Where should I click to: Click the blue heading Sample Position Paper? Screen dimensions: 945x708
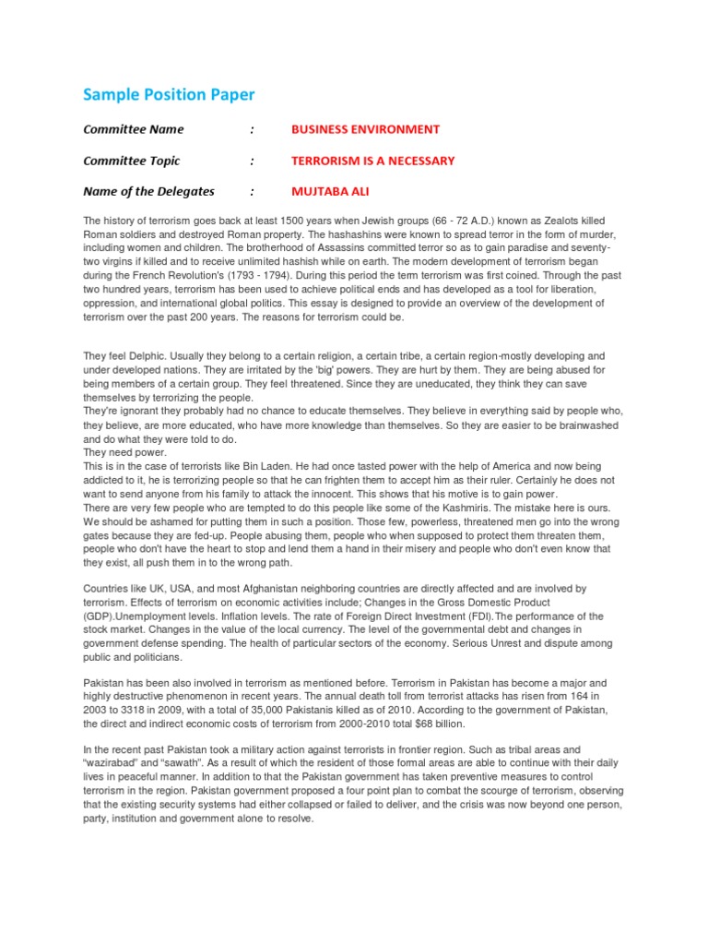pyautogui.click(x=169, y=94)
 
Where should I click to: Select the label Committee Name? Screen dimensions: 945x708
pyautogui.click(x=134, y=129)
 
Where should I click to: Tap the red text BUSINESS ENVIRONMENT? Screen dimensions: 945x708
pyautogui.click(x=365, y=129)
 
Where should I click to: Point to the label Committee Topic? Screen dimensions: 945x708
pyautogui.click(x=132, y=161)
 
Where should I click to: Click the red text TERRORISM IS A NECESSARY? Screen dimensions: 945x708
pyautogui.click(x=372, y=161)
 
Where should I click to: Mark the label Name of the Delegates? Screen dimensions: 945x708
pyautogui.click(x=148, y=192)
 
